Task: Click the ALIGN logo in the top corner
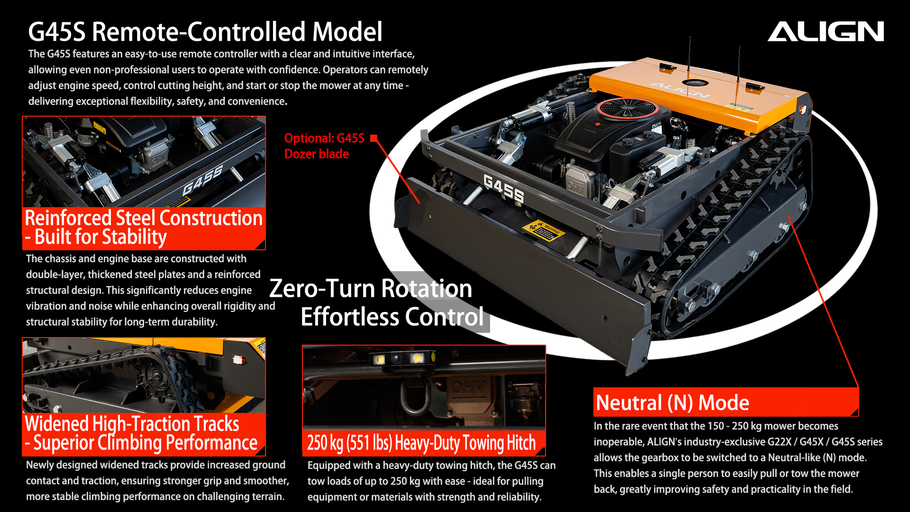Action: [x=826, y=31]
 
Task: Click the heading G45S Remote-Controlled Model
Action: [x=205, y=32]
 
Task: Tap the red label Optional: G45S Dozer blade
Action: [x=324, y=146]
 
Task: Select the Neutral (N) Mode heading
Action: [x=672, y=402]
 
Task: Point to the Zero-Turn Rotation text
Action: [x=371, y=288]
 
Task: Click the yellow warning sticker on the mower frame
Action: [x=544, y=230]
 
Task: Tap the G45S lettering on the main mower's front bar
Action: [x=503, y=188]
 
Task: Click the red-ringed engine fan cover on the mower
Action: [x=627, y=108]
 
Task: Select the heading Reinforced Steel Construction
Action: [x=144, y=218]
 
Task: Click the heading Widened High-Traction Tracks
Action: [x=132, y=423]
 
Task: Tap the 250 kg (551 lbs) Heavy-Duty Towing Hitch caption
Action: [x=421, y=443]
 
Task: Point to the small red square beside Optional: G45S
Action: [x=374, y=138]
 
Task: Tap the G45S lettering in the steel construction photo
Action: [x=203, y=180]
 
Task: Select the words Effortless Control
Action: [x=392, y=317]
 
